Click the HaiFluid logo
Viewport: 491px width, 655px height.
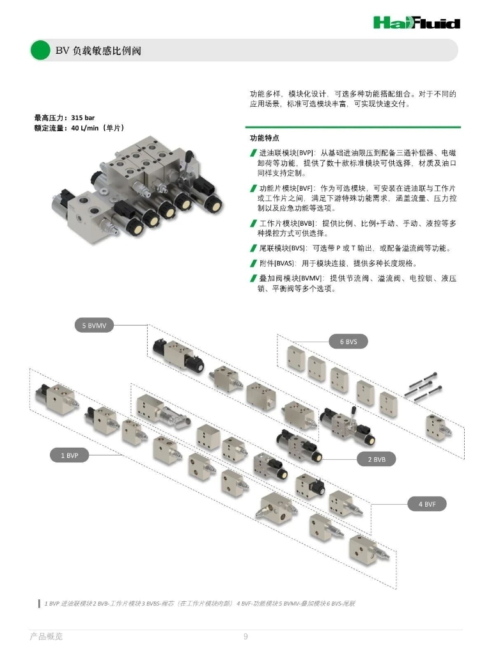click(417, 22)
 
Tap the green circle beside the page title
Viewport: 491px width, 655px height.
click(40, 50)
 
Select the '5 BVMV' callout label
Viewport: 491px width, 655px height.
click(95, 326)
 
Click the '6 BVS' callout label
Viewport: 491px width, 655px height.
click(348, 342)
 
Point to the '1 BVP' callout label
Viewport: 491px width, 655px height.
click(70, 455)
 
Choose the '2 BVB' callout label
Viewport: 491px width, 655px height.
click(376, 459)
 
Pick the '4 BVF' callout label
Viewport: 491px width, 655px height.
click(427, 504)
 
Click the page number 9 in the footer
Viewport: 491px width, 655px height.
click(245, 636)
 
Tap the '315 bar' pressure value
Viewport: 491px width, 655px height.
click(82, 118)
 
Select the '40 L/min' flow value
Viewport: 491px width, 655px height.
click(85, 128)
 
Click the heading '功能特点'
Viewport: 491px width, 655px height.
click(265, 138)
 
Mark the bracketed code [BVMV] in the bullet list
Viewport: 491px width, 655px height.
click(311, 278)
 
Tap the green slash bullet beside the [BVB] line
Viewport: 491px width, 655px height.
click(253, 223)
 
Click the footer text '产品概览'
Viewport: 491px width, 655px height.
click(46, 636)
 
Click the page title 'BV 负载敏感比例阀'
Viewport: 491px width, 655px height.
click(98, 51)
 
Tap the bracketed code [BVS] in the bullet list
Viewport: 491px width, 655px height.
click(297, 248)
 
